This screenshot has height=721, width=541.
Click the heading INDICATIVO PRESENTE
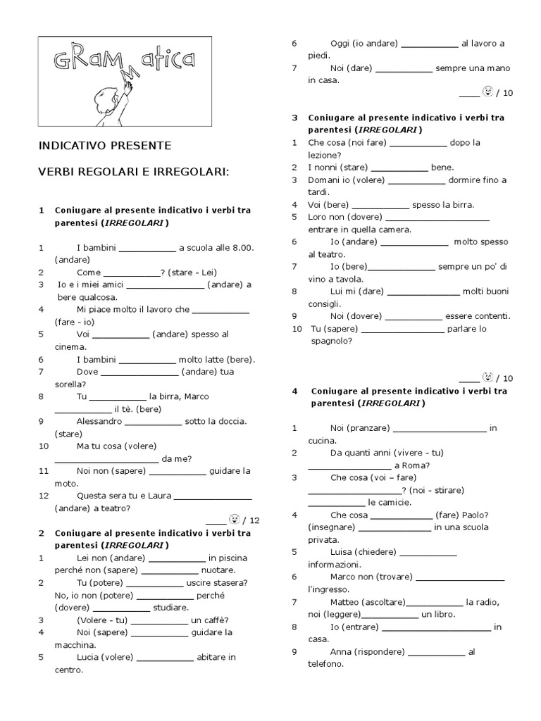[x=104, y=146]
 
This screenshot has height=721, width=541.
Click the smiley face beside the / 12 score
[x=234, y=520]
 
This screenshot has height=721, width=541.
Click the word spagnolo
[x=330, y=341]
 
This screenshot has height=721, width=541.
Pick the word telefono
[x=325, y=664]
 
